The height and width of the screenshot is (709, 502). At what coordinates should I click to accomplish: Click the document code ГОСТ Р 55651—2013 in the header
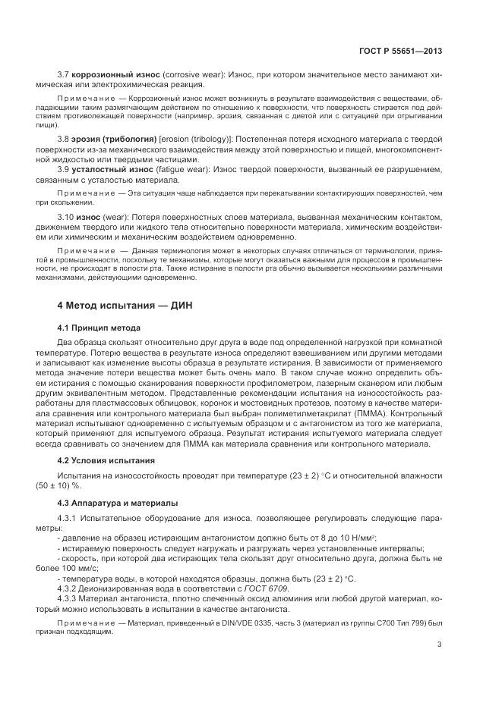pos(400,51)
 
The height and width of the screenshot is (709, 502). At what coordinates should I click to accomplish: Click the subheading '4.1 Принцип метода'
pos(99,328)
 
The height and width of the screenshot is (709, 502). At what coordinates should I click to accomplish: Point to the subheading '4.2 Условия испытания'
pos(106,460)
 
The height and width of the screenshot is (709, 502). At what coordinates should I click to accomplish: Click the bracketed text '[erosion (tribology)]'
pos(196,141)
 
